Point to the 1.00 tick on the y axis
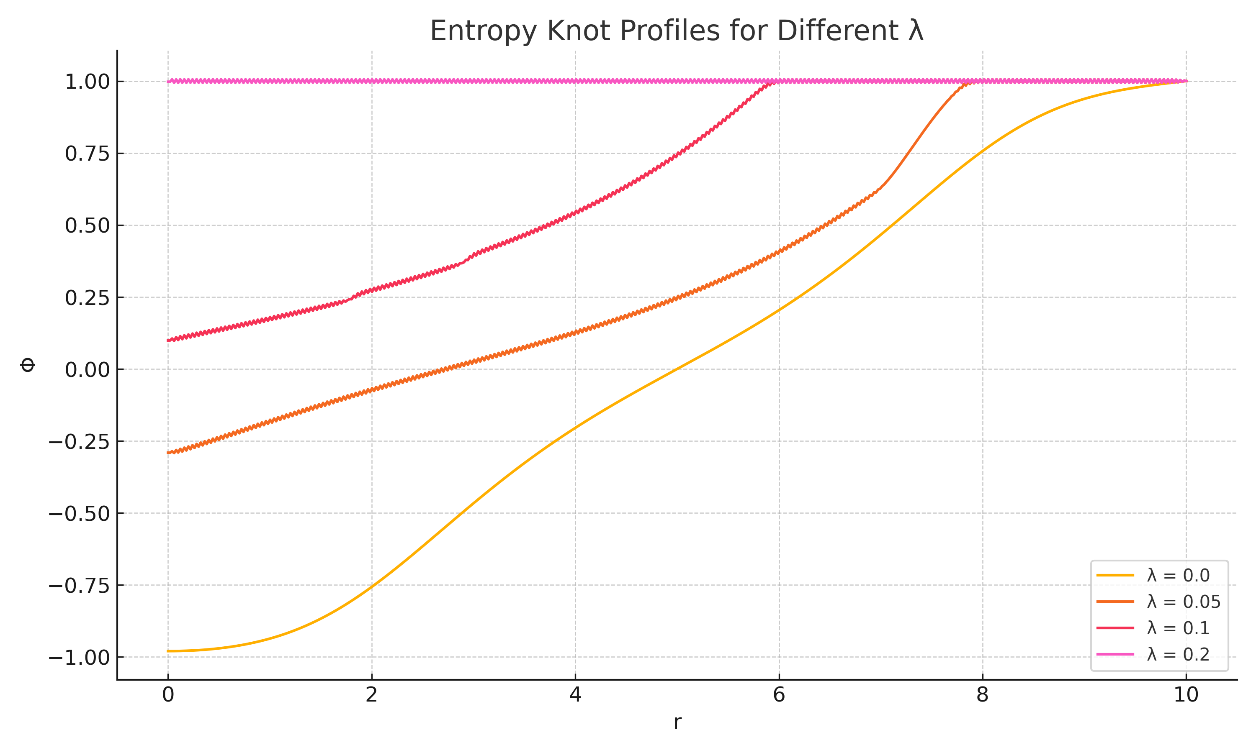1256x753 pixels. tap(88, 82)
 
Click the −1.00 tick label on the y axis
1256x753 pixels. tap(79, 658)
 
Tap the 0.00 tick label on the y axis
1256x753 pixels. tap(88, 370)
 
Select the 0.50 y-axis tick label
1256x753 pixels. tap(88, 226)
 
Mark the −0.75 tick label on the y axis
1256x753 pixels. tap(79, 586)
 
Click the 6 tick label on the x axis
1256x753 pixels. tap(779, 695)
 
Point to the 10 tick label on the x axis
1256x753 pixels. tap(1186, 695)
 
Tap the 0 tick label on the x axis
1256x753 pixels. tap(168, 695)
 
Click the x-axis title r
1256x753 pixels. tap(677, 722)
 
